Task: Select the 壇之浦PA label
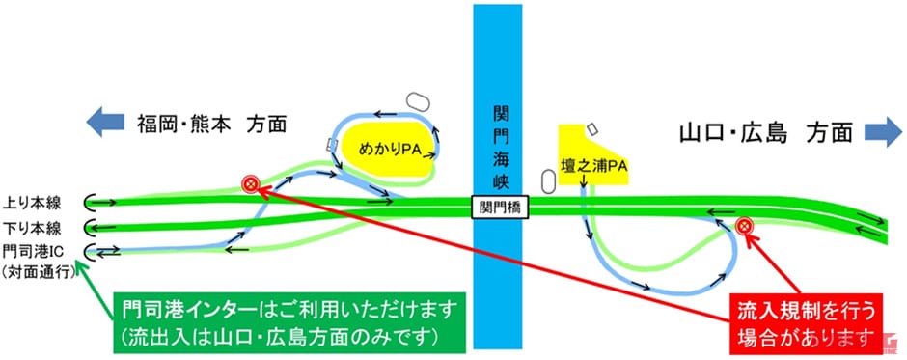593,165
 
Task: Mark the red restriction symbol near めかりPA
251,181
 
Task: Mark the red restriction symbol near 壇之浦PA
744,226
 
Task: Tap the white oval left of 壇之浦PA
548,180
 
